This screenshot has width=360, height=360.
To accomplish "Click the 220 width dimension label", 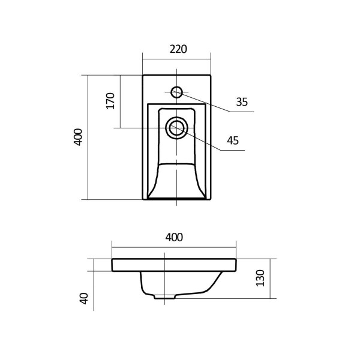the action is pos(178,49).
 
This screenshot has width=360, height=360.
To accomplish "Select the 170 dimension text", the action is pos(110,101).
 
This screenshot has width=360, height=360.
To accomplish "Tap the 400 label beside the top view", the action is pos(78,137).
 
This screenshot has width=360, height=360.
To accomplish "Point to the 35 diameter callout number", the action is pos(242,102).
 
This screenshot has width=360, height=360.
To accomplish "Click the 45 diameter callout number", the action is pos(233,140).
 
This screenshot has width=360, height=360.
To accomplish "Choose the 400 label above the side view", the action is pos(174,238).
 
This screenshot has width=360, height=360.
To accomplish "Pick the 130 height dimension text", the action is pos(260,278).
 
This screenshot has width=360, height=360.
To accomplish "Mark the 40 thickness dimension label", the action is pos(84,298).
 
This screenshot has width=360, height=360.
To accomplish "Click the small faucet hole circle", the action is pos(176,92).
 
